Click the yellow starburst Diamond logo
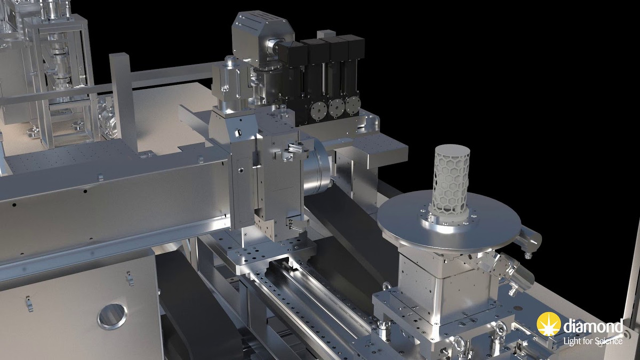tap(549, 324)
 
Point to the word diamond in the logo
tap(593, 326)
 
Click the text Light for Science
tap(593, 341)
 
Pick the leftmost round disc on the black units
tap(318, 109)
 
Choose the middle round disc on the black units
tap(336, 107)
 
